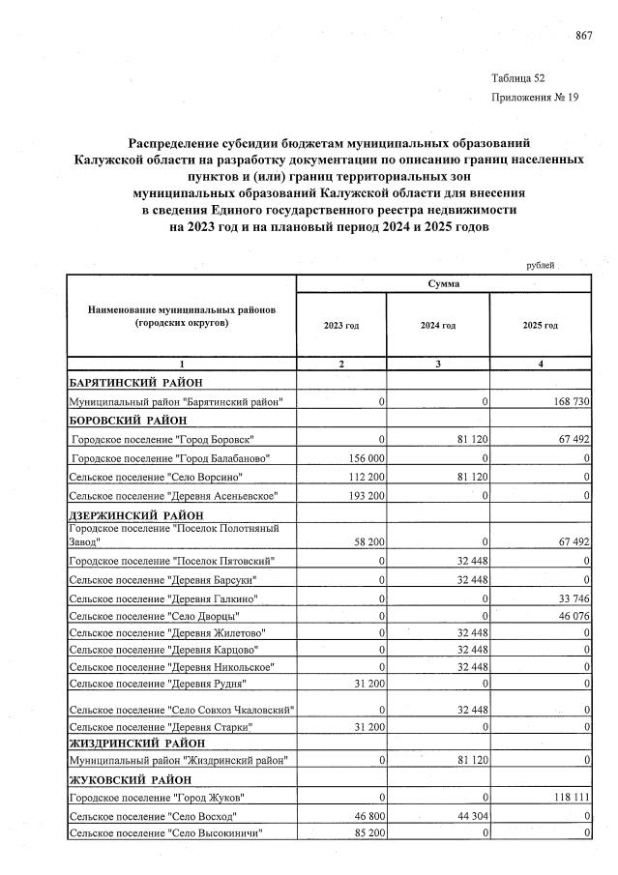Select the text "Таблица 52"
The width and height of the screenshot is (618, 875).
pos(518,77)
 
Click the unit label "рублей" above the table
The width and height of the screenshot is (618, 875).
pos(540,264)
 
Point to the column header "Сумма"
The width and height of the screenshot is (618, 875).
pos(444,284)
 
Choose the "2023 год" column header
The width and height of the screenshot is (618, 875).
pos(340,326)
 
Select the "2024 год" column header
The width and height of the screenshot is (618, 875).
pos(437,326)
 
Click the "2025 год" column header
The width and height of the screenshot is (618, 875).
pos(540,326)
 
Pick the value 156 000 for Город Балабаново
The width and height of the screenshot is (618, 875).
pos(365,457)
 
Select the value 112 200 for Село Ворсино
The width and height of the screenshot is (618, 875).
pos(365,477)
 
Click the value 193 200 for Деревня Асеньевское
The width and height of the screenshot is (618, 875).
pos(365,496)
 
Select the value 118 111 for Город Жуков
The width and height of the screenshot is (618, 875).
pos(568,797)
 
